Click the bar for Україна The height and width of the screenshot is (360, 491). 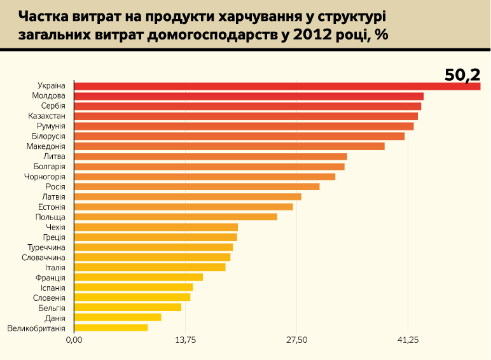coord(277,86)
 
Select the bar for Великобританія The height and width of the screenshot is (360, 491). coord(111,328)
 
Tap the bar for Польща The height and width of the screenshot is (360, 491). coord(176,217)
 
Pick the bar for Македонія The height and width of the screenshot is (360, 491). coord(229,146)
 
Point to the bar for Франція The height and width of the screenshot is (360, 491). coord(139,277)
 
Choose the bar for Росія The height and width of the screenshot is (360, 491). coord(197,186)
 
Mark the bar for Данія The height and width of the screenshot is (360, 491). coord(118,317)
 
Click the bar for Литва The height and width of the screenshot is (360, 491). coord(211,156)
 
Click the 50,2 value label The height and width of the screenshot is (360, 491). coord(462,74)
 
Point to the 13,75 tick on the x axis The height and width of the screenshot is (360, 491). coord(185,341)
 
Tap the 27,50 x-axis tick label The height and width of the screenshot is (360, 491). coord(296,341)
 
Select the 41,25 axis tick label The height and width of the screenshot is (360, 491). coord(408,341)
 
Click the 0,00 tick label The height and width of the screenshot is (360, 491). coord(74,341)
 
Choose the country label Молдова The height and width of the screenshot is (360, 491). coord(48,96)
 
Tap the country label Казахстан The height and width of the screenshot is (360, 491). coord(46,116)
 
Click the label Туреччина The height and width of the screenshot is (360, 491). coord(46,247)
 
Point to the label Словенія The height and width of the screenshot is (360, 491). coord(49,298)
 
